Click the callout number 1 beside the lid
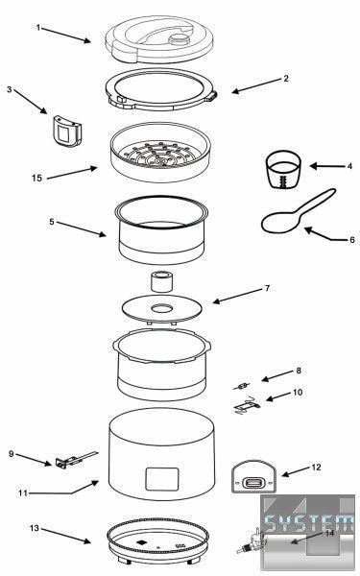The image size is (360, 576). [38, 28]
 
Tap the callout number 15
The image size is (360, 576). [36, 178]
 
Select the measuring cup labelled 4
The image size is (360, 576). [283, 169]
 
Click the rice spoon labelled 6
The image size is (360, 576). [298, 213]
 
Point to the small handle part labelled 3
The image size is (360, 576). [67, 132]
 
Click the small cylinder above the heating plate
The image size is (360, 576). [162, 281]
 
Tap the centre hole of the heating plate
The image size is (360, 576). [162, 308]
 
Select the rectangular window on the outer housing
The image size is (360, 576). [162, 479]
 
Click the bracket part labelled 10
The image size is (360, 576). [247, 405]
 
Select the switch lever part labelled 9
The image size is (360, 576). [76, 460]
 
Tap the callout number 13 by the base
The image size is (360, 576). [34, 528]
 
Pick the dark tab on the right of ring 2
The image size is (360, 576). [213, 96]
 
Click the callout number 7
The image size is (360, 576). [267, 288]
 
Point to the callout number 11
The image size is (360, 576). [23, 493]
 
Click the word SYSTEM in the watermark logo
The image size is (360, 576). [308, 523]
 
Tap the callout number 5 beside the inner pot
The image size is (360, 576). [52, 222]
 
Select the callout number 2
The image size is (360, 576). [286, 79]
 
